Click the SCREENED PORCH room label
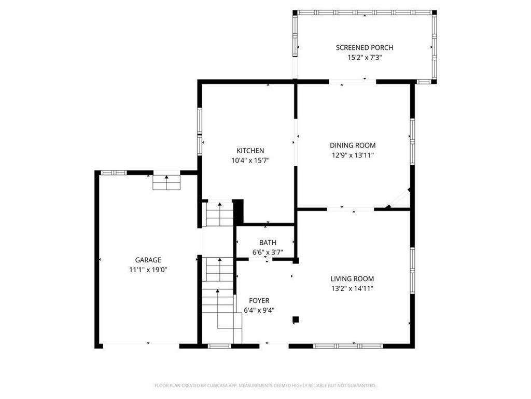click(x=364, y=48)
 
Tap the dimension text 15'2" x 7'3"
click(x=364, y=58)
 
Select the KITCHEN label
click(x=250, y=151)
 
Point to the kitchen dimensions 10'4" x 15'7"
click(x=250, y=161)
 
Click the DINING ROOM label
click(x=353, y=145)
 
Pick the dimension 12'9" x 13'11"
click(x=353, y=155)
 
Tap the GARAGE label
click(x=148, y=260)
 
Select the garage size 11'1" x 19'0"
click(x=148, y=270)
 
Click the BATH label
click(x=268, y=243)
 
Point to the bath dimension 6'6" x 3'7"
click(x=268, y=252)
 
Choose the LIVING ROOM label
click(x=352, y=279)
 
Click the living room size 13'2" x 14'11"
click(x=352, y=289)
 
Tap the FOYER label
click(x=259, y=301)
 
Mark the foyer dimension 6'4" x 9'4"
click(x=259, y=311)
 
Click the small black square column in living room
click(x=296, y=320)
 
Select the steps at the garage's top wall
click(x=166, y=182)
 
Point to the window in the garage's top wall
click(x=114, y=172)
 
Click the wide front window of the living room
click(x=348, y=345)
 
